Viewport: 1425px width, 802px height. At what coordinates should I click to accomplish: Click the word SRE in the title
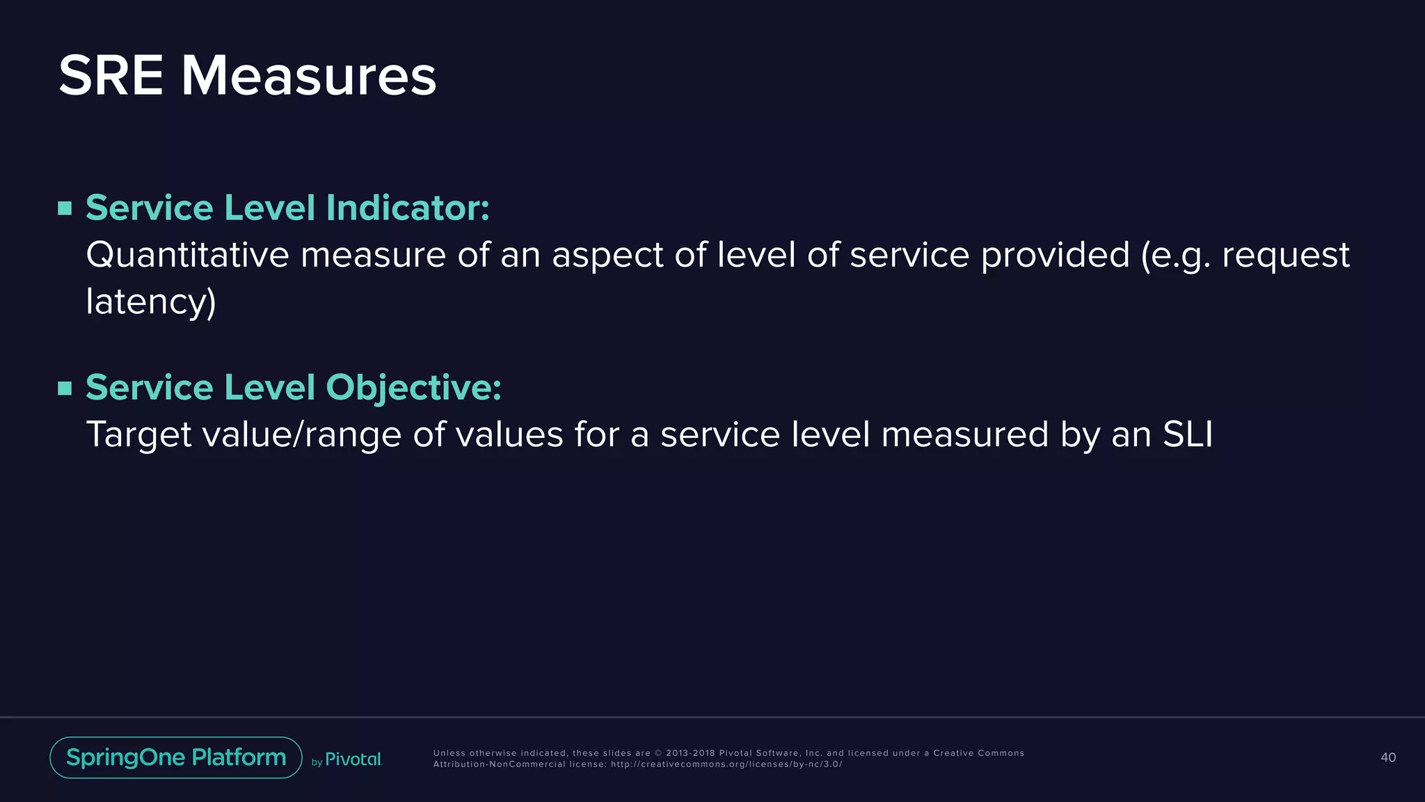point(111,76)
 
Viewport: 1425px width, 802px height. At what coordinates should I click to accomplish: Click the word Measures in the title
point(308,76)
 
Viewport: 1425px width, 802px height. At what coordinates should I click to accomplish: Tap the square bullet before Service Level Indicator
point(65,208)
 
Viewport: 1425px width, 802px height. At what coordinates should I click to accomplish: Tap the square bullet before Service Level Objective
point(65,388)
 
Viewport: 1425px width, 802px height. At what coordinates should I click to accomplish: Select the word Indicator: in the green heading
point(408,208)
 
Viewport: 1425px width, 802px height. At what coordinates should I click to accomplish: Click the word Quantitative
point(187,255)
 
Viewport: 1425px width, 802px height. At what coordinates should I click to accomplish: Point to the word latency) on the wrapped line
point(151,302)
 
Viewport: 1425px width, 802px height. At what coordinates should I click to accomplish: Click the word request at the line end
point(1285,255)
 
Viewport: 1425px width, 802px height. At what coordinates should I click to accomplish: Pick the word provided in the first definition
point(1055,255)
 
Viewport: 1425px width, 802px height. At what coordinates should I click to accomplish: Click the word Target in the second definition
point(138,434)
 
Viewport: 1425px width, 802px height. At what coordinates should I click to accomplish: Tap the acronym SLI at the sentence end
point(1188,434)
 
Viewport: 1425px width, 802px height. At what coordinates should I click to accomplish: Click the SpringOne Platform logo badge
point(176,757)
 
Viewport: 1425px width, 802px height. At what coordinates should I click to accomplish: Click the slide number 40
point(1387,757)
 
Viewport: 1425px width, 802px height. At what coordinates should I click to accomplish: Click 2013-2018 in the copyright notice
point(690,753)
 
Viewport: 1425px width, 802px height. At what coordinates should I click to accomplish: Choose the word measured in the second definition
point(964,434)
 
